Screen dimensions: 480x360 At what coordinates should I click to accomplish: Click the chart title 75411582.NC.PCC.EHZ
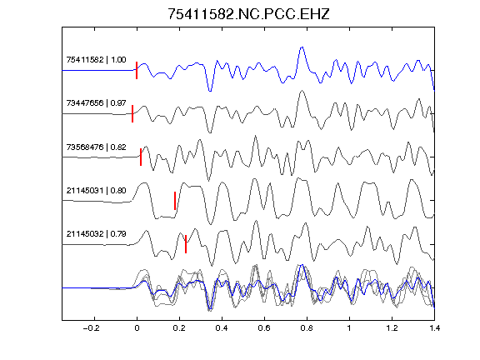(248, 14)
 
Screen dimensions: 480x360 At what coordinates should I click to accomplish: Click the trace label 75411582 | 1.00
(96, 60)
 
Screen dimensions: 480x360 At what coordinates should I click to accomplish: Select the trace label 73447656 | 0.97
(96, 103)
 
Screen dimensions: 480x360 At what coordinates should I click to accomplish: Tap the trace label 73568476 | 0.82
(96, 147)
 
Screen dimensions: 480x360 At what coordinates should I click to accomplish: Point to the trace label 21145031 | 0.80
(96, 191)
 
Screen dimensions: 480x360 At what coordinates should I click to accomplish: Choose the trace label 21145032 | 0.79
(96, 234)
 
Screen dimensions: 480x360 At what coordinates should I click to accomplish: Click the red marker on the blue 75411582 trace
(137, 70)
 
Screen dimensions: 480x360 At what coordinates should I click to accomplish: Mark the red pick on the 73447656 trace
(132, 113)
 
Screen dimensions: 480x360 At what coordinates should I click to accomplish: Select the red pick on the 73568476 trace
(141, 157)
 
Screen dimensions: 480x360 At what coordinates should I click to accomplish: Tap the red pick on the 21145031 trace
(175, 201)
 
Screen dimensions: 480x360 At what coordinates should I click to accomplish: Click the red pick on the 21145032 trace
(186, 244)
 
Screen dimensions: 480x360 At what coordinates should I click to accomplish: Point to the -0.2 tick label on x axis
(92, 328)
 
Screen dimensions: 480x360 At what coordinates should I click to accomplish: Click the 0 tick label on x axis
(137, 328)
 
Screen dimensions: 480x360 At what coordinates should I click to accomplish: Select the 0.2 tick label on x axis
(179, 328)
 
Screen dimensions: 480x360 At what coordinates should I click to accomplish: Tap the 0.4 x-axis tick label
(222, 328)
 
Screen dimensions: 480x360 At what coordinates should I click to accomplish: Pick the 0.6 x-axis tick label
(264, 328)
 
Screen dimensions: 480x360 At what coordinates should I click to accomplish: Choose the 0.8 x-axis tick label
(307, 328)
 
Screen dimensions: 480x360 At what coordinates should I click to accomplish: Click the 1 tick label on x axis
(349, 328)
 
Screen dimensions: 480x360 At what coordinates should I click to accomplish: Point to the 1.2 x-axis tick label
(392, 328)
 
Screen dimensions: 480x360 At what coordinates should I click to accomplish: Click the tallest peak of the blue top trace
(302, 47)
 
